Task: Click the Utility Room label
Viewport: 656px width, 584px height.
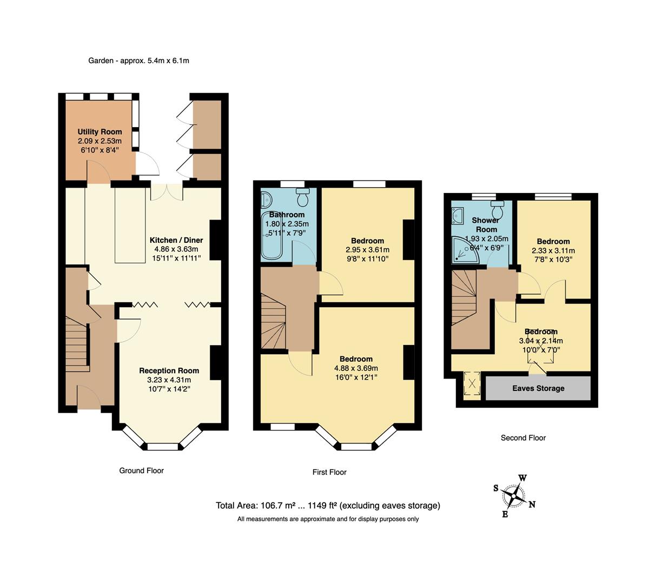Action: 100,131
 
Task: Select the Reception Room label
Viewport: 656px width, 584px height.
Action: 169,370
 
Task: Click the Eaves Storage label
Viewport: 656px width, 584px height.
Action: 538,388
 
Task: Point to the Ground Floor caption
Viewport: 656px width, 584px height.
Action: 141,470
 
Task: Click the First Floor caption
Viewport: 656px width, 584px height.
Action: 329,472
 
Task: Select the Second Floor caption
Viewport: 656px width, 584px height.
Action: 523,438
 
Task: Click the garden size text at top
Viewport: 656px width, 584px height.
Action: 138,61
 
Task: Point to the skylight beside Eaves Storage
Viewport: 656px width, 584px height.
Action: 472,384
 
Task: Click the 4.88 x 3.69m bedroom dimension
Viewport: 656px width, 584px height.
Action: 356,368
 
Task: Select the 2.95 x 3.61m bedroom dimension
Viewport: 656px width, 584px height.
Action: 367,250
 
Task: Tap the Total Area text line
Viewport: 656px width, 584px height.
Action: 328,506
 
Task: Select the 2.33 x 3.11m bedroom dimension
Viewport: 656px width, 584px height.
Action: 553,250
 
